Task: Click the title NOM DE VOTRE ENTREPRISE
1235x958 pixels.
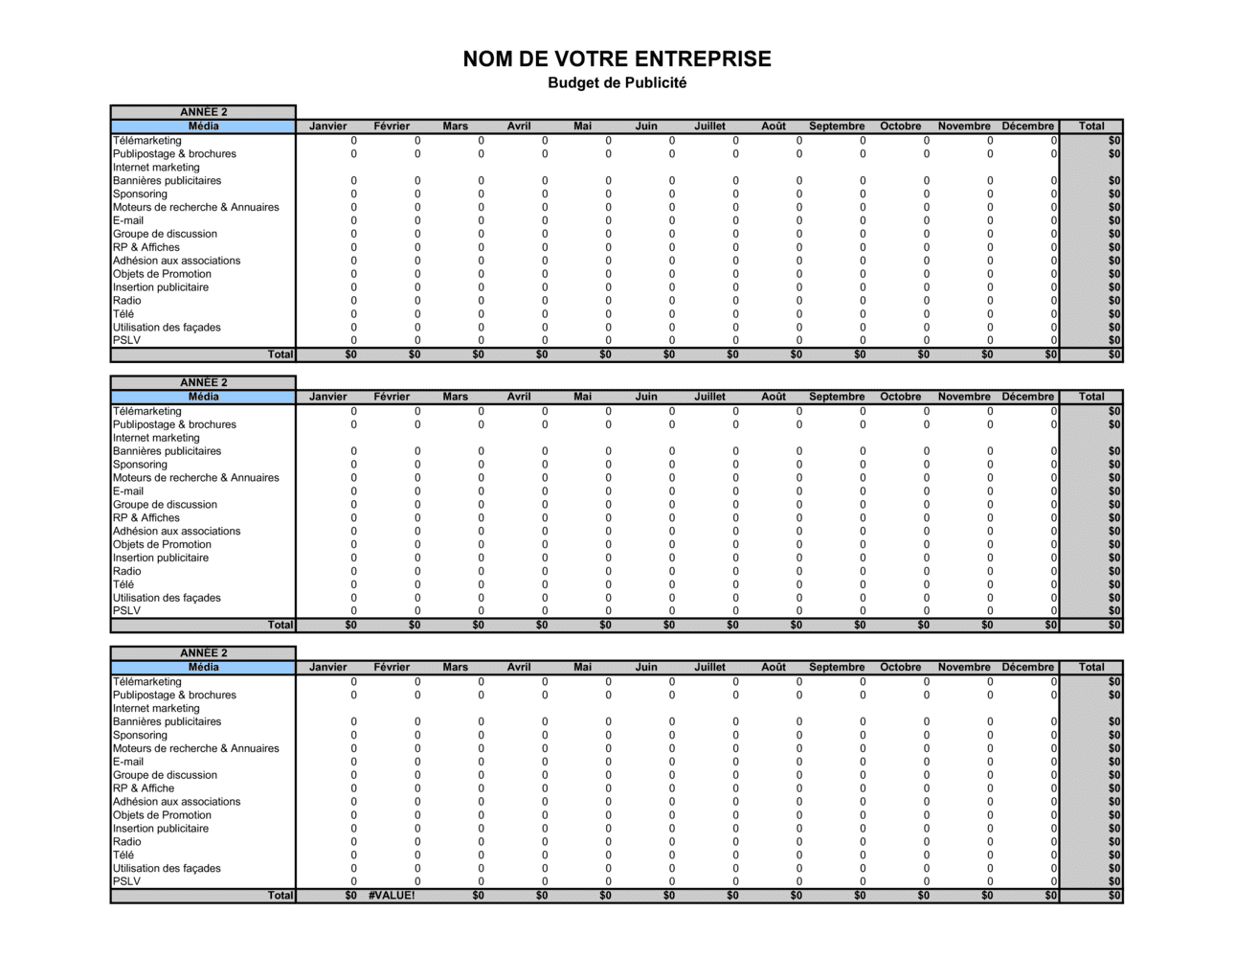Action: click(x=617, y=59)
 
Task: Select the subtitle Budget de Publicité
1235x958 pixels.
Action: click(x=617, y=83)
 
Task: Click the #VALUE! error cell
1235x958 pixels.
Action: click(x=392, y=896)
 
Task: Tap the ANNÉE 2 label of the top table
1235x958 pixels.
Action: click(x=203, y=112)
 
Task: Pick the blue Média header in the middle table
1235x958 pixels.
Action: click(x=203, y=397)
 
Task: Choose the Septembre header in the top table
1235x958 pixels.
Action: click(x=836, y=126)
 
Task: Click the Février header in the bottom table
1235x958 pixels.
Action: click(x=392, y=668)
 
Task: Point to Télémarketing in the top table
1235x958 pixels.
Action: click(x=147, y=141)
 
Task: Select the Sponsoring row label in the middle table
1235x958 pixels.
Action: click(x=140, y=465)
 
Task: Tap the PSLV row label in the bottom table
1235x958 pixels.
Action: click(x=126, y=881)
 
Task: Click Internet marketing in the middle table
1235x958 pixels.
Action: click(x=156, y=438)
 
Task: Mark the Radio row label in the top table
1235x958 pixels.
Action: click(x=126, y=301)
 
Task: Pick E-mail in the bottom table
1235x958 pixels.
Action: click(x=128, y=763)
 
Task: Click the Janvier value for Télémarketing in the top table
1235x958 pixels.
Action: click(x=353, y=141)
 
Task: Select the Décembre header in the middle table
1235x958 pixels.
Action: click(x=1027, y=397)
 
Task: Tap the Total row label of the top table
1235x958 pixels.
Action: click(x=280, y=354)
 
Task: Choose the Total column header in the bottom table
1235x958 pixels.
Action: click(x=1090, y=668)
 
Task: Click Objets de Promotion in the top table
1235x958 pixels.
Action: click(x=162, y=274)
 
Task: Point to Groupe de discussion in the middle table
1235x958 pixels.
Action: click(x=165, y=505)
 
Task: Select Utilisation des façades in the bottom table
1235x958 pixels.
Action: click(x=167, y=869)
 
